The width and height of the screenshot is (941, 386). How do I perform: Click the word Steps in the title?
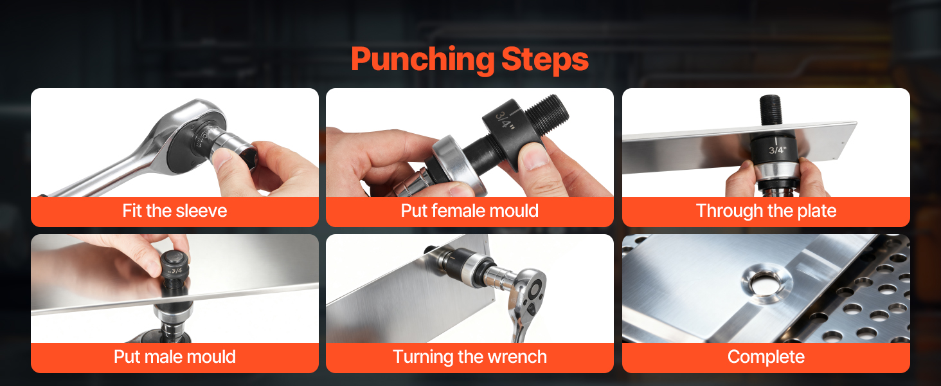point(545,60)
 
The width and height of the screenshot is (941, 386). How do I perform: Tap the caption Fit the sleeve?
point(175,210)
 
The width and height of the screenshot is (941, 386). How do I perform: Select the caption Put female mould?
point(470,210)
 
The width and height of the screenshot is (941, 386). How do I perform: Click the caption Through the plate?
point(766,211)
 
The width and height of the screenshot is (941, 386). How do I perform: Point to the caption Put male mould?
point(175,357)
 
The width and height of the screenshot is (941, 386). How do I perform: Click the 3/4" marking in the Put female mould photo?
point(506,120)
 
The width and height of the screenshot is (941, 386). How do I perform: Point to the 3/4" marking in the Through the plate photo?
point(777,150)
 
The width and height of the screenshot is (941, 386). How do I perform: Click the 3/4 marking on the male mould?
point(176,270)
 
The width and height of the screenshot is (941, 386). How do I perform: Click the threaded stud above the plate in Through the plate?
point(771,110)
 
